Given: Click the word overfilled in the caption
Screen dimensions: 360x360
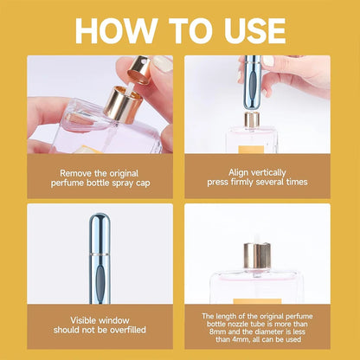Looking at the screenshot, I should tap(121, 330).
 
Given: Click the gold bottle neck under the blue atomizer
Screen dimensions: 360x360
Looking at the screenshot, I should tap(252, 119).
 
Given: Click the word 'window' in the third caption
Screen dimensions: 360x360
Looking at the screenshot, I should tap(109, 319).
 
